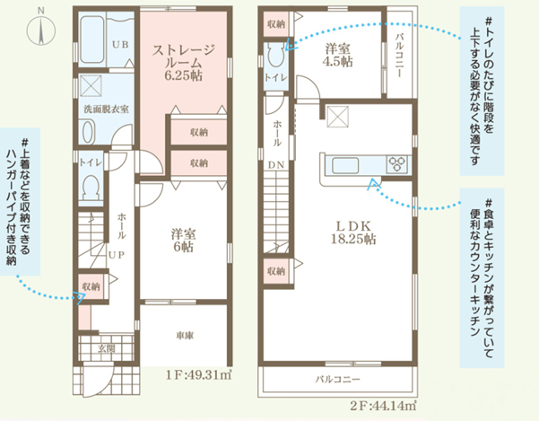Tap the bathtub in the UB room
(91, 39)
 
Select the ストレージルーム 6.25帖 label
(183, 63)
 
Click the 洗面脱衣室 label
(106, 110)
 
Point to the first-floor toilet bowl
(91, 187)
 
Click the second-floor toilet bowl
(275, 55)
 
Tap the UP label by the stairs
(117, 255)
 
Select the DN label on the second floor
(276, 165)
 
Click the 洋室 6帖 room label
(183, 241)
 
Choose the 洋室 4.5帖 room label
(337, 55)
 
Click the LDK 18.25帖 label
(353, 232)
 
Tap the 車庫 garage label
(185, 336)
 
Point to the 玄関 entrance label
(106, 349)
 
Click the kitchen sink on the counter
(345, 165)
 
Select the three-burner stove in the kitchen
(397, 164)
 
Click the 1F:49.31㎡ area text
(199, 374)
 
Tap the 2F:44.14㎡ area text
(383, 407)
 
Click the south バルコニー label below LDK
(338, 379)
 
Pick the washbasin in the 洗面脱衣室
(88, 133)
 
